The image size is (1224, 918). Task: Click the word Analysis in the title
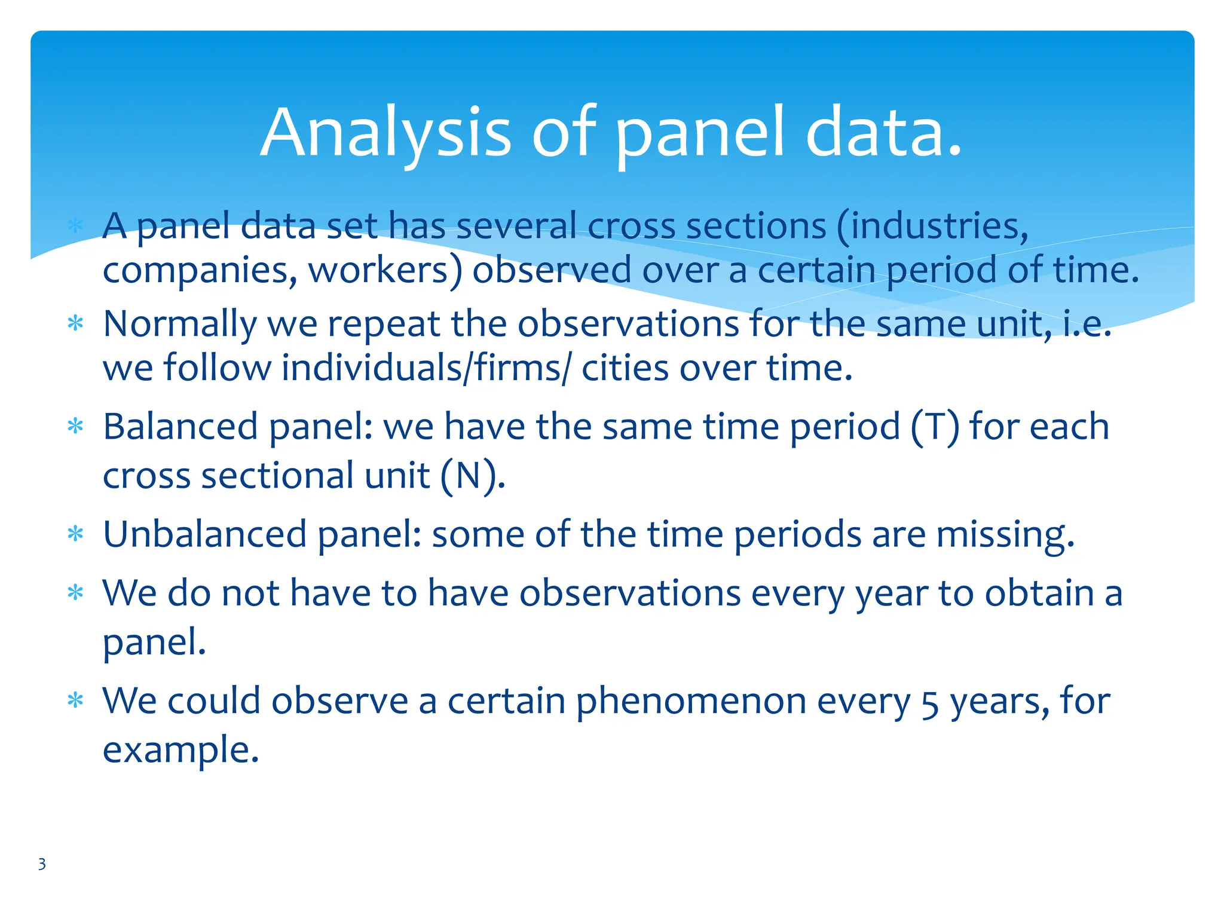pos(385,133)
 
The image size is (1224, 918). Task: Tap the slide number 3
pos(42,864)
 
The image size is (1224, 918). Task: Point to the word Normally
pos(179,325)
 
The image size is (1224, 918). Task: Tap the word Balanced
pos(180,427)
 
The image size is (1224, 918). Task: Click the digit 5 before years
pos(930,704)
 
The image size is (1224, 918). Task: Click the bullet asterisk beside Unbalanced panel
pos(75,533)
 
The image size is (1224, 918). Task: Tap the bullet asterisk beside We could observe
pos(75,700)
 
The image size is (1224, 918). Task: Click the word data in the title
pos(883,133)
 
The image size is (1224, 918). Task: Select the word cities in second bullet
pos(625,368)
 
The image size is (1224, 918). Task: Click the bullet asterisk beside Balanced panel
pos(75,427)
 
